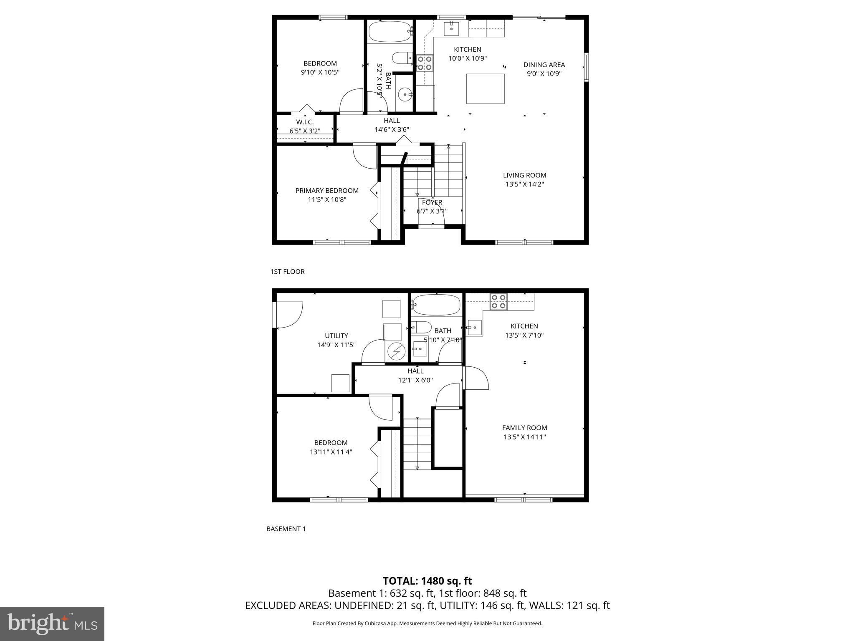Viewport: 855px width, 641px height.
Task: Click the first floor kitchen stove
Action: click(424, 63)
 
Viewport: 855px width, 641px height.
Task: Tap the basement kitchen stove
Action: click(498, 301)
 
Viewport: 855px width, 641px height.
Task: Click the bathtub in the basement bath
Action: click(436, 305)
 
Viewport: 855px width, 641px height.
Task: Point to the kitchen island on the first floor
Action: click(485, 88)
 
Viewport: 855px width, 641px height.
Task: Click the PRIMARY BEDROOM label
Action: click(327, 191)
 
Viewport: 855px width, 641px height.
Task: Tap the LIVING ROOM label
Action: click(524, 175)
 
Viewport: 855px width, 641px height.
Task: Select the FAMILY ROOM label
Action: click(524, 428)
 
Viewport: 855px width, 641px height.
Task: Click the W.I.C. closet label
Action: click(305, 122)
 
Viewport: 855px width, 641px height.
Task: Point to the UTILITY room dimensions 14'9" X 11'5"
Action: click(336, 345)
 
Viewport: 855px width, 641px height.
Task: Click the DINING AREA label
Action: click(544, 65)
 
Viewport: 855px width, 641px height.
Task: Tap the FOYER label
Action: click(432, 202)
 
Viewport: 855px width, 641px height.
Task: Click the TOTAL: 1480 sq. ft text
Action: click(427, 581)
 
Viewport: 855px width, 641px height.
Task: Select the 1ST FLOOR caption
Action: click(287, 272)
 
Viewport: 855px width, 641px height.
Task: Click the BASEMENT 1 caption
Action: click(286, 529)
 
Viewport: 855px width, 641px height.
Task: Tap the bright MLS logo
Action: click(52, 623)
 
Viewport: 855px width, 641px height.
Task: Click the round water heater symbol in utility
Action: click(396, 351)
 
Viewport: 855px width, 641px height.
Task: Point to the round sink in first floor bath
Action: click(405, 95)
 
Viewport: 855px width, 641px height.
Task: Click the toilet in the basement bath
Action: click(421, 327)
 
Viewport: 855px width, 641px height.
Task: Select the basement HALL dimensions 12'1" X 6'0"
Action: click(415, 380)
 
